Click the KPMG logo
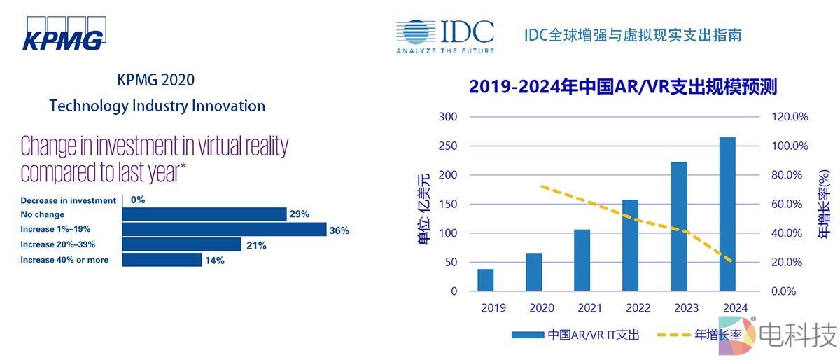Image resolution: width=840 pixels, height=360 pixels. click(x=63, y=34)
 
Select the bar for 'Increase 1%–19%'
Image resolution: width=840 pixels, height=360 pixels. click(x=225, y=229)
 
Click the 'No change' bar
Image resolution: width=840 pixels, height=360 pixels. click(x=204, y=214)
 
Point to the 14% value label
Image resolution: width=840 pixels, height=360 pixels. click(x=215, y=261)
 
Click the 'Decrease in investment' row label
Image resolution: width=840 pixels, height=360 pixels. click(x=68, y=200)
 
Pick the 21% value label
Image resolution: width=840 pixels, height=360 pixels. click(x=255, y=245)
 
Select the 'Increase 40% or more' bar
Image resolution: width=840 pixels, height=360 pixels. click(x=162, y=260)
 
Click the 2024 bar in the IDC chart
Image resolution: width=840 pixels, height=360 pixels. click(x=727, y=214)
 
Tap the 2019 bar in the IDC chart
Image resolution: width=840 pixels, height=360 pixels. click(x=486, y=279)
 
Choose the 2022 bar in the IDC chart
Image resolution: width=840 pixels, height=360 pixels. click(x=631, y=245)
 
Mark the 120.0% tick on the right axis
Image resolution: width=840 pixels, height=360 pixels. click(x=790, y=117)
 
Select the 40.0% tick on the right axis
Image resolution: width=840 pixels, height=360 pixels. click(x=790, y=233)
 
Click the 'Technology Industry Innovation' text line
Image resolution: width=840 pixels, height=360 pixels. click(x=157, y=106)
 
